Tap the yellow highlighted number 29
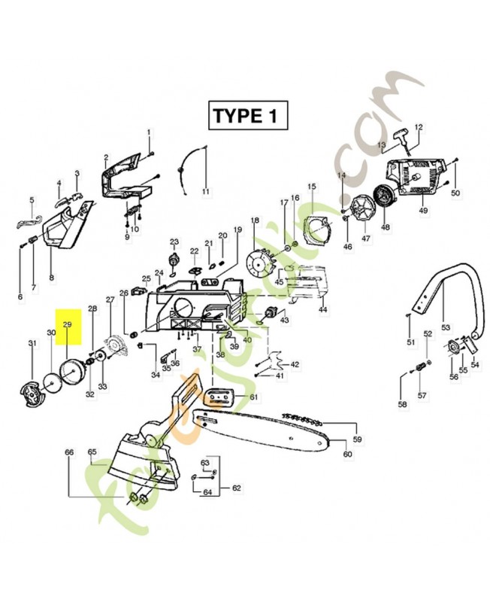67,324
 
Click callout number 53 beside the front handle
446,327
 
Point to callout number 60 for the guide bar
347,454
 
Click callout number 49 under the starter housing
423,210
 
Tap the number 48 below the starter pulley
386,227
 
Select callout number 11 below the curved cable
205,192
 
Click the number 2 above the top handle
106,157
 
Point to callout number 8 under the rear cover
51,278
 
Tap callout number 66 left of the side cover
69,452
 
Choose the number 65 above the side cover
92,452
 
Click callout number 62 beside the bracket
236,488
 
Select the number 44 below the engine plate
322,309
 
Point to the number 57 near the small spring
422,395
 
